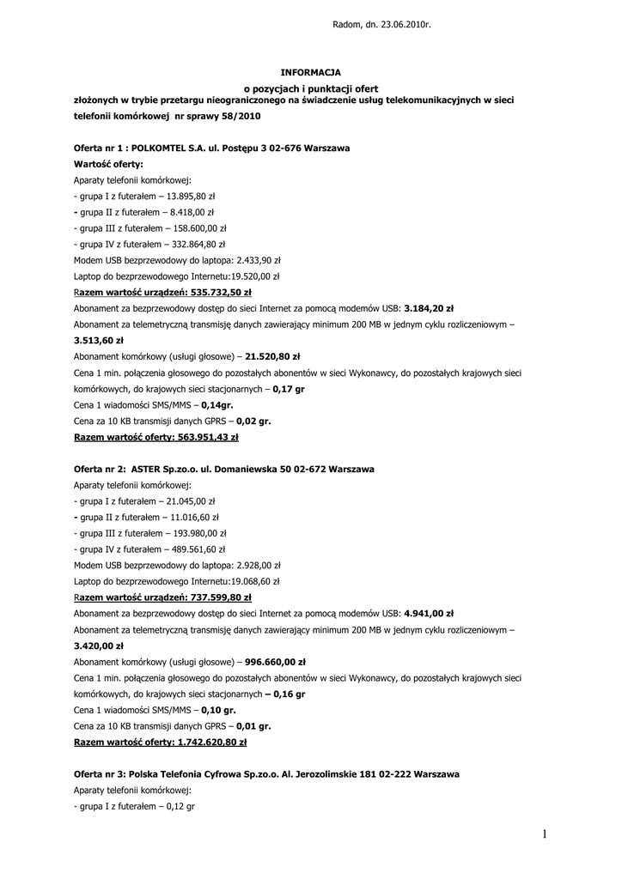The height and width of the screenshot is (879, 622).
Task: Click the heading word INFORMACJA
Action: tap(311, 72)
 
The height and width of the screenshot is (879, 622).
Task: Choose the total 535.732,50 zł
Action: tap(215, 292)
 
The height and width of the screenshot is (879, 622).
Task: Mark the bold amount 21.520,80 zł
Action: tap(272, 355)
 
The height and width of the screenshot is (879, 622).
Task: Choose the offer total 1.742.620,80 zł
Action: tap(211, 742)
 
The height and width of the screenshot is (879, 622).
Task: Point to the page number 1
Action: tap(545, 833)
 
